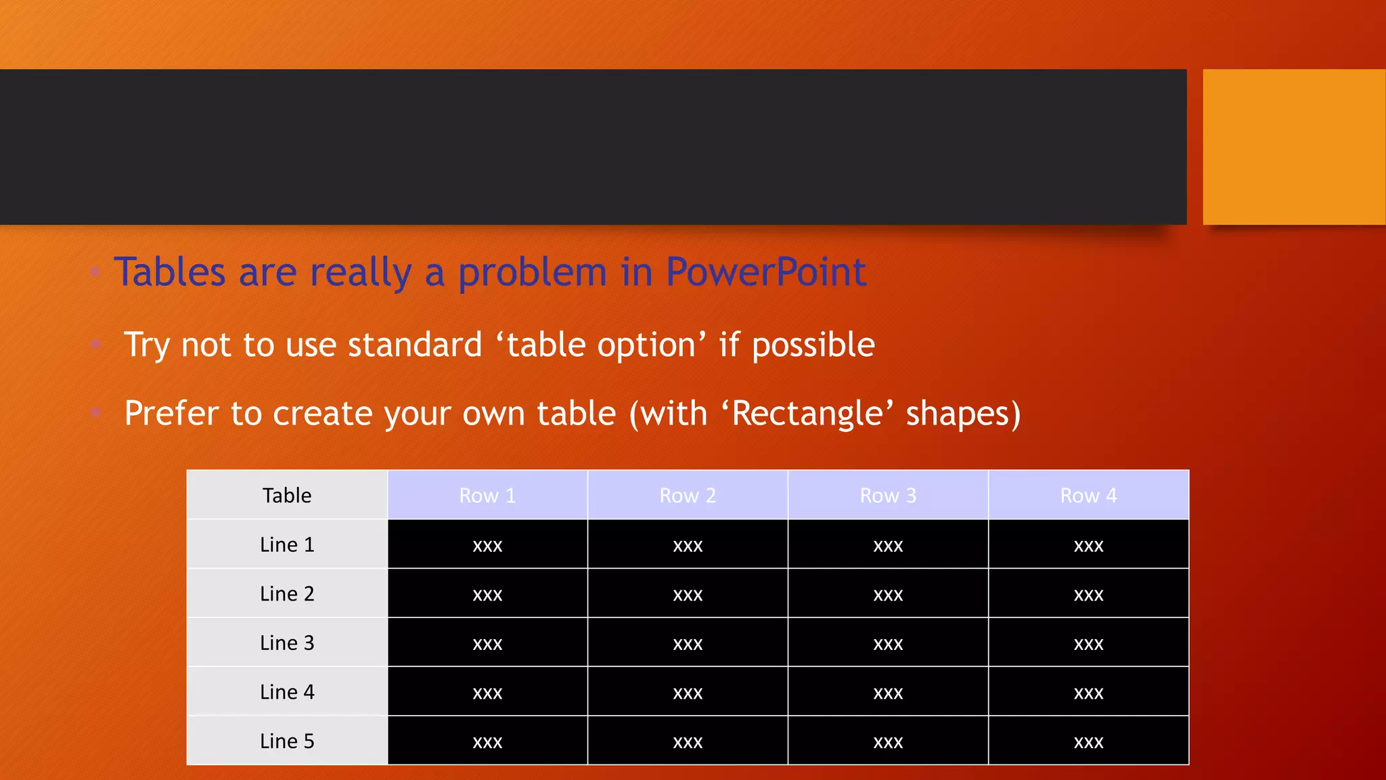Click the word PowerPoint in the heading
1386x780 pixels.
tap(765, 272)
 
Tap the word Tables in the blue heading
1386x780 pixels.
tap(169, 272)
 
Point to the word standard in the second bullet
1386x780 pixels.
tap(414, 345)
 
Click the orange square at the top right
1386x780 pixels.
tap(1293, 146)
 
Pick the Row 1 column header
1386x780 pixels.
tap(487, 496)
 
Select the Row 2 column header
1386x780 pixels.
tap(688, 496)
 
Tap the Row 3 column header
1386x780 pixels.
tap(888, 496)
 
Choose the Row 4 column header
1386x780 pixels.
tap(1088, 496)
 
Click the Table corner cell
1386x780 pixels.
tap(287, 496)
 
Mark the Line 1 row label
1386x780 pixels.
tap(287, 544)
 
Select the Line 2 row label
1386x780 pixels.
tap(287, 594)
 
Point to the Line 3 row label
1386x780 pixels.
tap(287, 643)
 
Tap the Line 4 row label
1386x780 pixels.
tap(287, 692)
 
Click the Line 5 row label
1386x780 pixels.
tap(287, 741)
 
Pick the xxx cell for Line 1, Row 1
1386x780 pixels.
tap(487, 545)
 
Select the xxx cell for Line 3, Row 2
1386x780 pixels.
tap(688, 643)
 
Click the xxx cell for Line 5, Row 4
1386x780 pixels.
tap(1088, 741)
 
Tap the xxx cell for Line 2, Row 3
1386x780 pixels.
tap(888, 594)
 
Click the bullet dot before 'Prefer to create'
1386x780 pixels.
tap(96, 412)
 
